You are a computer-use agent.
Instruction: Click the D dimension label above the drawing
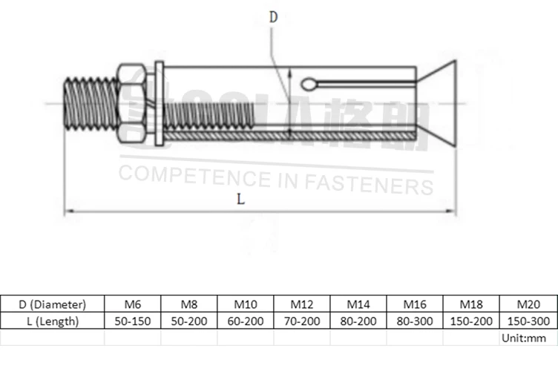tap(273, 17)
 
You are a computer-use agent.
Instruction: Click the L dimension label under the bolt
tap(239, 198)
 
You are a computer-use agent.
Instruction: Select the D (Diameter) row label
tap(52, 304)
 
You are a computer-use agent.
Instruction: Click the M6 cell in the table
tap(132, 304)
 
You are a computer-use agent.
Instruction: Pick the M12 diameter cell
tap(301, 304)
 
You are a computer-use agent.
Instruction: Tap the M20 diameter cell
tap(528, 304)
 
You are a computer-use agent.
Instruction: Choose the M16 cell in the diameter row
tap(415, 304)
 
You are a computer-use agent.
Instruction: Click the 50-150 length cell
tap(132, 321)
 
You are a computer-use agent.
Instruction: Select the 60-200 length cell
tap(245, 321)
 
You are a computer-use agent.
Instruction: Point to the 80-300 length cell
tap(415, 321)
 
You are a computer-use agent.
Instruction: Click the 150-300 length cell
tap(528, 321)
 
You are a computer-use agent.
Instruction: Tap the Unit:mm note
tap(524, 338)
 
